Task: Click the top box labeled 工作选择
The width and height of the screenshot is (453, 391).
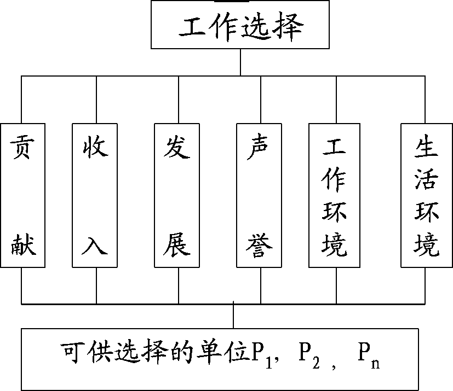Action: click(240, 26)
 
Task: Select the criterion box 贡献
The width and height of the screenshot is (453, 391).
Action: click(22, 195)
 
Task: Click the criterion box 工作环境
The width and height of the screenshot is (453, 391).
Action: click(335, 195)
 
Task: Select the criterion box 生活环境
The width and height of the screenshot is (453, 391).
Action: click(427, 195)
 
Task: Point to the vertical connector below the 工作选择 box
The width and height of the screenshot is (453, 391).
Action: click(240, 62)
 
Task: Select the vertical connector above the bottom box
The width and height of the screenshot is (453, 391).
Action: click(234, 316)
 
